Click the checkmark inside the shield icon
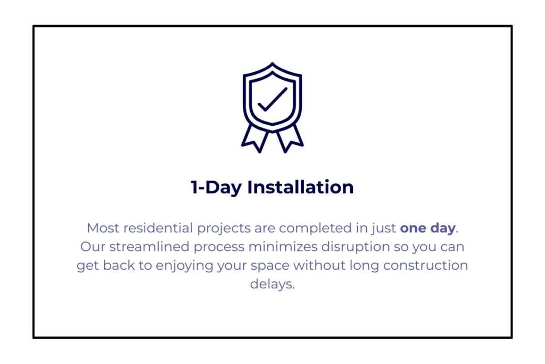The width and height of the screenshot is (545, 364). point(272,100)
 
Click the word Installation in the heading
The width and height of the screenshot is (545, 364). point(300,187)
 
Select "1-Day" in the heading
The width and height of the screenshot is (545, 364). point(216,187)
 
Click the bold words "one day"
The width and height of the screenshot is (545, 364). point(427,228)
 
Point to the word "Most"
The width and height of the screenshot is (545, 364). point(103,228)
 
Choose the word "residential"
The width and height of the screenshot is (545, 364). point(158,228)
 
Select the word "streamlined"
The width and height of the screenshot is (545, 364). point(150,247)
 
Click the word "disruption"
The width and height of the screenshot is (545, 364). point(356,247)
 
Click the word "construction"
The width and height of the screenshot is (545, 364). point(425,265)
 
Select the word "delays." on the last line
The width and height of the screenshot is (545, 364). point(272,284)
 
